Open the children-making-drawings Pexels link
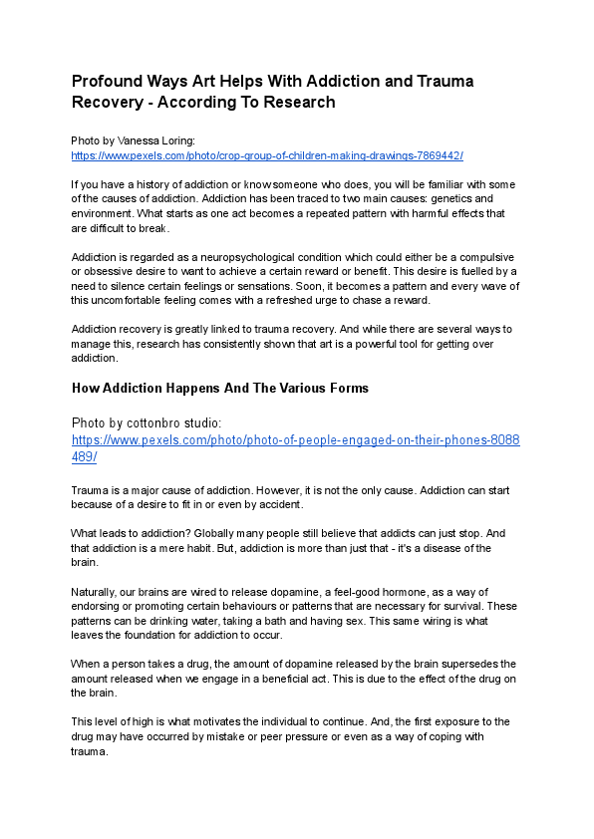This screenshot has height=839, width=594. coord(267,155)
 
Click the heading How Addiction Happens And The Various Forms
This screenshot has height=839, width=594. coord(219,388)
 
